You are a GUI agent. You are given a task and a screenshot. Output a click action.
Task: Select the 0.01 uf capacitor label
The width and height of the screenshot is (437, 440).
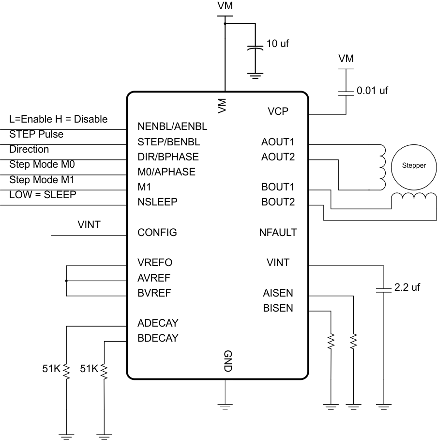tap(372, 90)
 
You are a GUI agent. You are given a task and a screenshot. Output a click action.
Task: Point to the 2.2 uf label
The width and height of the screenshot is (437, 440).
tap(407, 287)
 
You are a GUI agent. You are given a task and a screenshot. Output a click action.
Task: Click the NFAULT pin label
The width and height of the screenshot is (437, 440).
tap(277, 233)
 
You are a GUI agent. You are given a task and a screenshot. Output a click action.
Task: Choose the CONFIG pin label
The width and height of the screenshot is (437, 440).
tap(157, 233)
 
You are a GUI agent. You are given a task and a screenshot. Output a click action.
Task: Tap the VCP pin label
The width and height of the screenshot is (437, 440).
tap(278, 111)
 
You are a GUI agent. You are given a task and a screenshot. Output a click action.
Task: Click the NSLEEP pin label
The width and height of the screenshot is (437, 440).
tap(158, 202)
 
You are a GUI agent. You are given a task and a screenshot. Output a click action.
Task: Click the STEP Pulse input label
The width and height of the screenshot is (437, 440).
tap(36, 134)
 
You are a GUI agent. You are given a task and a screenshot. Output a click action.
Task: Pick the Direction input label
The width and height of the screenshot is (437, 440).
tap(29, 149)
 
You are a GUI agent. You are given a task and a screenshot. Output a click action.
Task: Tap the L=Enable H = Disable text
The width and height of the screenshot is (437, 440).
tap(59, 119)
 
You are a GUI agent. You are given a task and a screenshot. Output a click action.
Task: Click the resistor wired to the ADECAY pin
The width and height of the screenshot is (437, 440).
tap(66, 372)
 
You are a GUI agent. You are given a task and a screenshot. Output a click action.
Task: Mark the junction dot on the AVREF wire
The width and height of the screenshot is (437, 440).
tap(66, 281)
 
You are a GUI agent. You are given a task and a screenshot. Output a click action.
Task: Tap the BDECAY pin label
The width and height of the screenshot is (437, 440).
tap(158, 338)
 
